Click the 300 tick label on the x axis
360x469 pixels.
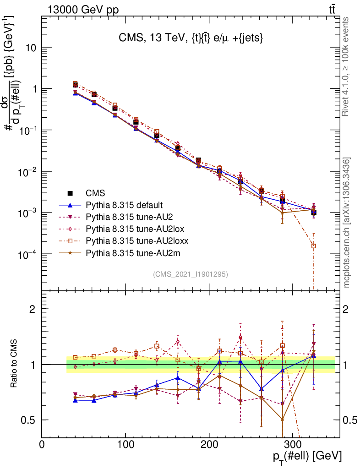[x=292, y=445]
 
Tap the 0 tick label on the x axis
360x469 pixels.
[x=42, y=445]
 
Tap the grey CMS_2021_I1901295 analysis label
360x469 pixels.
[x=191, y=274]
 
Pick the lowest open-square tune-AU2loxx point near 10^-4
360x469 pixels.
[x=314, y=246]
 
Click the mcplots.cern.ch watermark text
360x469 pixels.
[x=347, y=222]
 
